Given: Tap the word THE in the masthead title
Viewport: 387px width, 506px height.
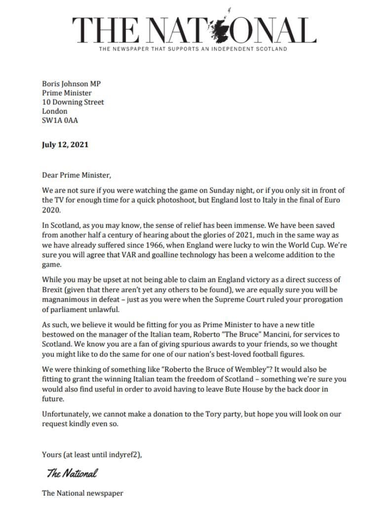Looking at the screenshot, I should pos(101,30).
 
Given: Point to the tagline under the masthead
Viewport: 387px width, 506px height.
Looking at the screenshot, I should pos(193,49).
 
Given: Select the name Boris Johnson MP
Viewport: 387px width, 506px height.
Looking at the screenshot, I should pos(71,84).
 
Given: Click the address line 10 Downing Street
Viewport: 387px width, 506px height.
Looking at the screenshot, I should pos(73,102).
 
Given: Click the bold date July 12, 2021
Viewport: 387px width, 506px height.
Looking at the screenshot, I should pos(65,145).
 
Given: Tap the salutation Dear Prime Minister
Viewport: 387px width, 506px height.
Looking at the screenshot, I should pos(74,175).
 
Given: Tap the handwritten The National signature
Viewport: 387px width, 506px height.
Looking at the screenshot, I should pos(72,473).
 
